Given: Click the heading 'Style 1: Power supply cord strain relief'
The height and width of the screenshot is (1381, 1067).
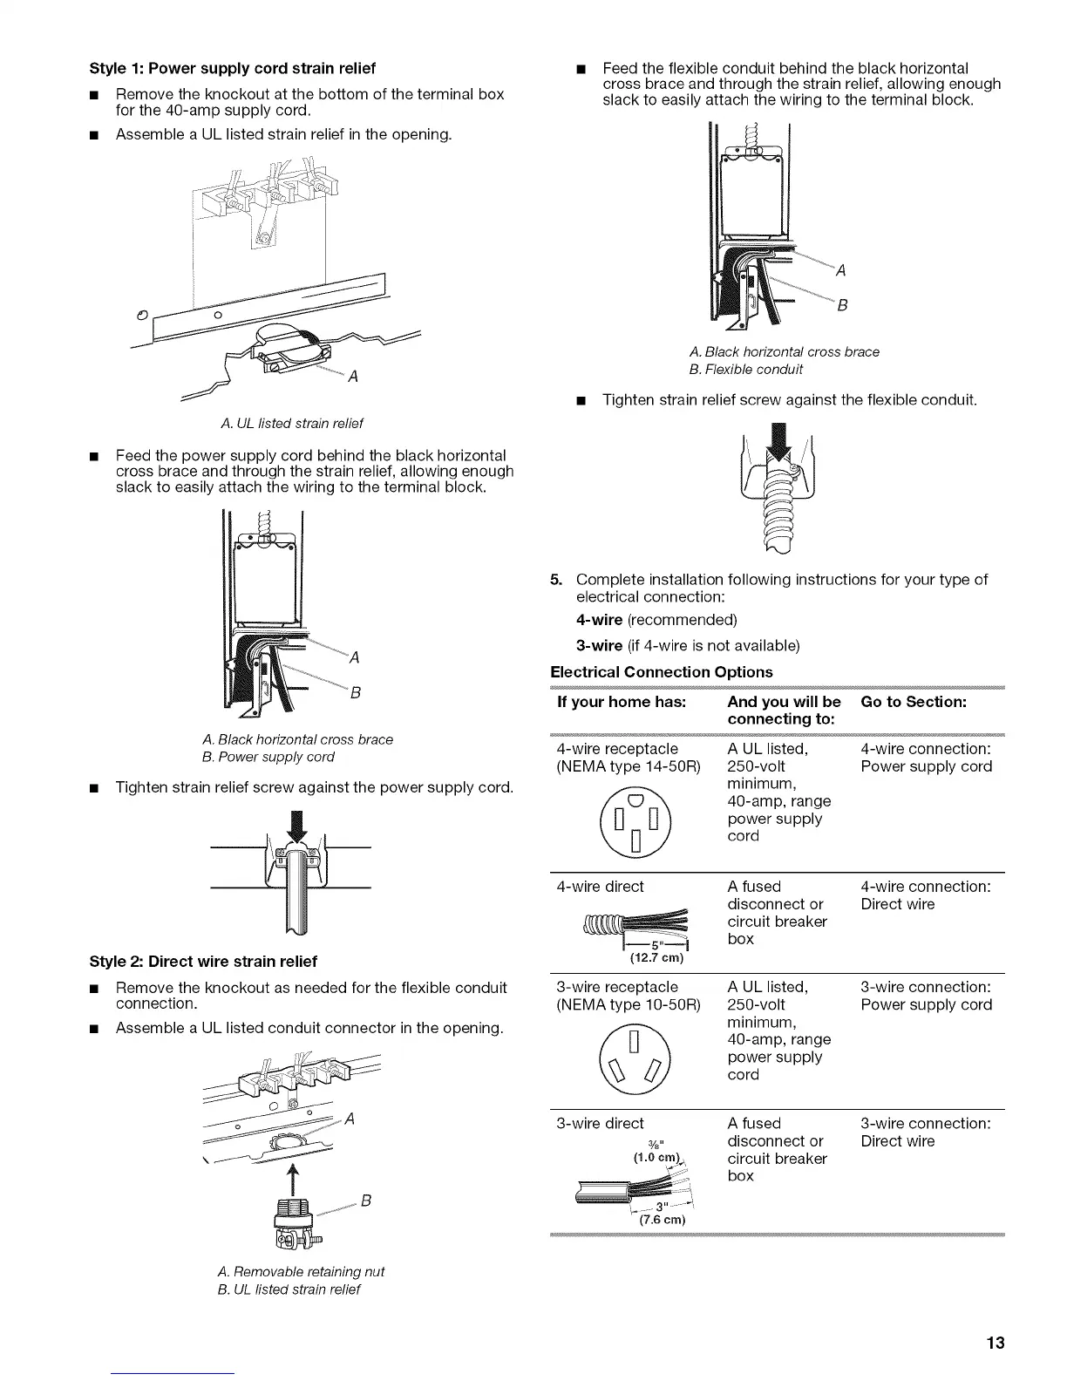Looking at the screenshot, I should pyautogui.click(x=233, y=68).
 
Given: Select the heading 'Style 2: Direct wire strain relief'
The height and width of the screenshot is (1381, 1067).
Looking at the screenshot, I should pyautogui.click(x=203, y=962).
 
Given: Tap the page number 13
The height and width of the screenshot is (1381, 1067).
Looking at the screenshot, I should pyautogui.click(x=996, y=1343).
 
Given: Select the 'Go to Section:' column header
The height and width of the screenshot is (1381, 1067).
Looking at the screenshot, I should pyautogui.click(x=914, y=702).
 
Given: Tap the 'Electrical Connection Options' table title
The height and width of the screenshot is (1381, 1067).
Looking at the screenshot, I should pyautogui.click(x=662, y=672).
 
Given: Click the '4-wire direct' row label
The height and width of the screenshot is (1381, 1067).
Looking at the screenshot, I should pyautogui.click(x=600, y=887).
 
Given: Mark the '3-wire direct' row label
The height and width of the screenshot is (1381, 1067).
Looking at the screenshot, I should pyautogui.click(x=600, y=1124).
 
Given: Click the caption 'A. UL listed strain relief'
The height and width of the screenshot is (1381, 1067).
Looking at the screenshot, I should pyautogui.click(x=292, y=423).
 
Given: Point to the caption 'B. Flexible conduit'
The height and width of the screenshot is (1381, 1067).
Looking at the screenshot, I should pyautogui.click(x=745, y=369).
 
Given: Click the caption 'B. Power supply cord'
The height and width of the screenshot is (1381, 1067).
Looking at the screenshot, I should pyautogui.click(x=268, y=757).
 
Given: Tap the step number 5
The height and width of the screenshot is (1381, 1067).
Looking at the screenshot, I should pyautogui.click(x=556, y=580).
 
